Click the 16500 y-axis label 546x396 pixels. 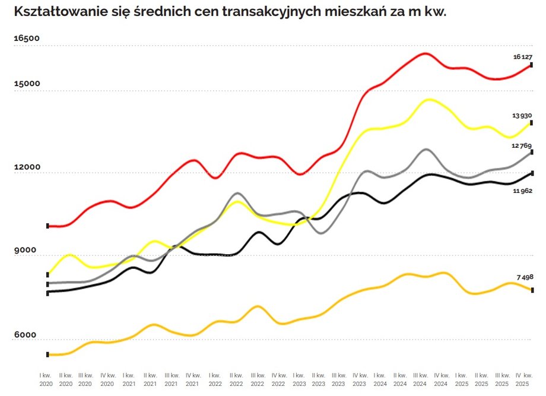27,39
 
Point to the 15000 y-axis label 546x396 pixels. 27,83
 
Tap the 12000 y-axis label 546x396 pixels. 27,167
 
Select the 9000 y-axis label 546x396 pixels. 25,251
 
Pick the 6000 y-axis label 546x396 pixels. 25,335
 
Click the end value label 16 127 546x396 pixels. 523,57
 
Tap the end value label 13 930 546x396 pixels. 522,115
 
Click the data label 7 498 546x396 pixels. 524,277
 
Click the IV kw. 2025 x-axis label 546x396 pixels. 523,380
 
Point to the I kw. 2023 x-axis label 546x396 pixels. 299,380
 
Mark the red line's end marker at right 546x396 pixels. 531,65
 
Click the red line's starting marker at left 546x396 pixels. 47,226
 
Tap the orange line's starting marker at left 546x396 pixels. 47,354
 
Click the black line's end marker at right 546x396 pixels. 531,173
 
